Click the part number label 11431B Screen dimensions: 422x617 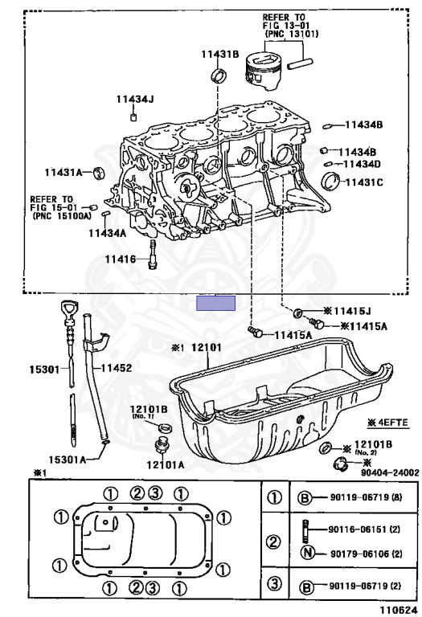pos(220,54)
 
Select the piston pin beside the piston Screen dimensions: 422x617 pos(300,63)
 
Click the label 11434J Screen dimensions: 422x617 pos(134,99)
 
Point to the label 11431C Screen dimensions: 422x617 pos(364,182)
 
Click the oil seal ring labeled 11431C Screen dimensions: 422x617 pos(330,181)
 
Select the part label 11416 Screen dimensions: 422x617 pos(120,259)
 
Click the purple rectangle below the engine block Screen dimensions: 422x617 pos(215,304)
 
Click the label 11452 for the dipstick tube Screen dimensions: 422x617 pos(117,368)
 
